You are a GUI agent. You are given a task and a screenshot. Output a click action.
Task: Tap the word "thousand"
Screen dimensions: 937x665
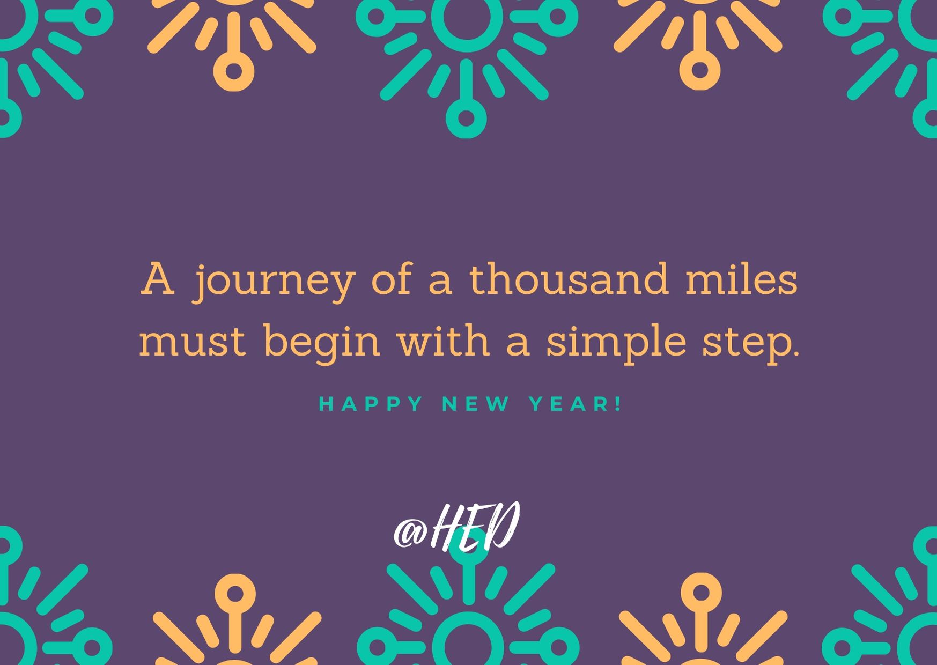[x=570, y=279]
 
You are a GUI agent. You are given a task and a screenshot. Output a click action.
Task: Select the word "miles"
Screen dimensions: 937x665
[x=742, y=279]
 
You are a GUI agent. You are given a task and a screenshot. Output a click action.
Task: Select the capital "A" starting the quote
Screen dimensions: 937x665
[x=158, y=279]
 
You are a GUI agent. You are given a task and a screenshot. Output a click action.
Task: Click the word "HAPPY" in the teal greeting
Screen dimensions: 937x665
[x=371, y=404]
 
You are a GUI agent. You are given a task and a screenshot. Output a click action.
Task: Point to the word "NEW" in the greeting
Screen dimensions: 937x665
[x=475, y=404]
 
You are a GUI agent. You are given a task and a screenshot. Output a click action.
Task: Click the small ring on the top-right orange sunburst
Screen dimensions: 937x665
[x=700, y=70]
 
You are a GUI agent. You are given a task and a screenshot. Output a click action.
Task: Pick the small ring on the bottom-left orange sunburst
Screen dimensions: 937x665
[x=234, y=594]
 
